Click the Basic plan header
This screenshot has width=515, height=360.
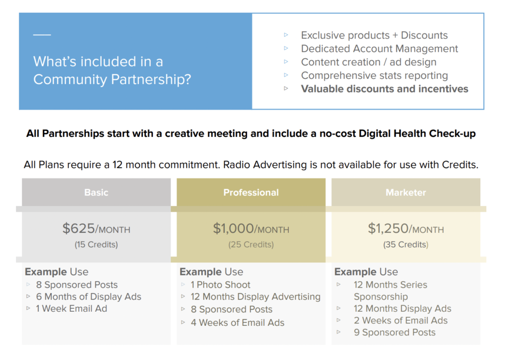tap(96, 193)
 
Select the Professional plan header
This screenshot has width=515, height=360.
tap(251, 193)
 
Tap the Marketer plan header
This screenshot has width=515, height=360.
tap(406, 193)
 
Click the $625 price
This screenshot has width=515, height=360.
tap(78, 229)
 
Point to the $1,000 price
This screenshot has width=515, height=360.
tap(233, 229)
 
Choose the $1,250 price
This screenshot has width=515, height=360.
tap(388, 229)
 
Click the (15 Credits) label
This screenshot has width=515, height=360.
tap(96, 245)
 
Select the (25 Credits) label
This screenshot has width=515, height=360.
tap(251, 245)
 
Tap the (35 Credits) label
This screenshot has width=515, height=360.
tap(406, 245)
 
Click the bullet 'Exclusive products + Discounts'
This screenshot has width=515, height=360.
tap(374, 35)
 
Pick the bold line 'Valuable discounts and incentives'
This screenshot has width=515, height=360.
tap(385, 89)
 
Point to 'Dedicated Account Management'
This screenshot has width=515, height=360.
tap(379, 49)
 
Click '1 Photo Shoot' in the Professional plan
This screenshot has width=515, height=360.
tap(220, 285)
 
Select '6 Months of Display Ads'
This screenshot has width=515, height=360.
tap(89, 297)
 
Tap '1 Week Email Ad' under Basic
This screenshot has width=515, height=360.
tap(71, 309)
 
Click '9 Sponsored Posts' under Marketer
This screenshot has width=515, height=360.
tap(394, 332)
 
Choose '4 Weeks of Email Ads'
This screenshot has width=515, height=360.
tap(237, 323)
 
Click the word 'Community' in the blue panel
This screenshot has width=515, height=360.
tap(70, 79)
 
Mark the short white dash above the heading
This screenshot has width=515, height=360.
tap(42, 35)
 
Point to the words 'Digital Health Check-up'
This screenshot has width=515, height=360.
tap(417, 134)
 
